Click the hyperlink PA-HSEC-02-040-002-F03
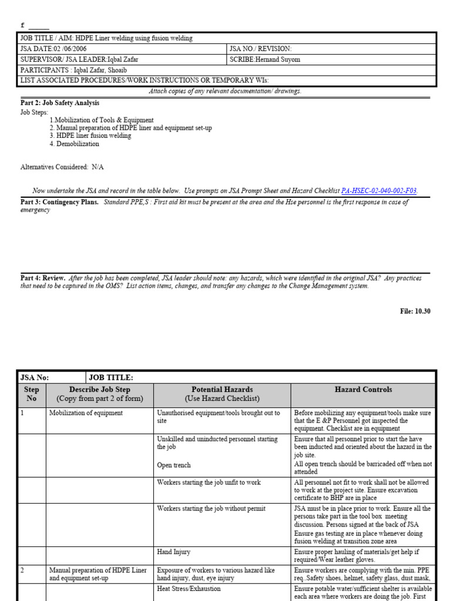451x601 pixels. coord(379,191)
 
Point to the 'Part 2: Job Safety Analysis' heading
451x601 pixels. coord(60,103)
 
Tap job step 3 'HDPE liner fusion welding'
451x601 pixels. coord(90,136)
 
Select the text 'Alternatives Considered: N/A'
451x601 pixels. coord(62,167)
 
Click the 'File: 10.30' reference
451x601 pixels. coord(415,311)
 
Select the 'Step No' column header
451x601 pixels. coord(31,394)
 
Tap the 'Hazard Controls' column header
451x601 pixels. coord(363,389)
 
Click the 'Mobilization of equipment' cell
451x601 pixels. coord(86,413)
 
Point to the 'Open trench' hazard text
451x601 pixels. coord(174,465)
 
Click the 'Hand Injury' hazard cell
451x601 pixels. coord(174,552)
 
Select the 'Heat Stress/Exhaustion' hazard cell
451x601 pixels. coord(189,589)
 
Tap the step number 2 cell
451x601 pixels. coord(23,570)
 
